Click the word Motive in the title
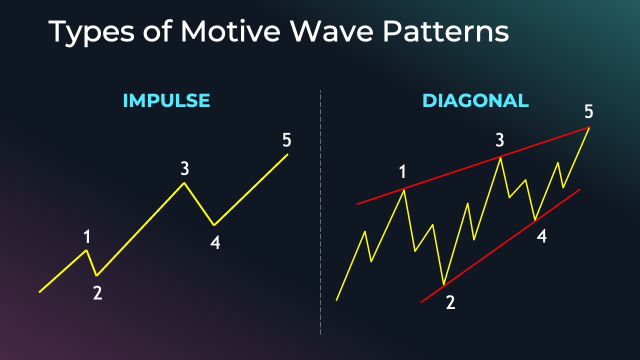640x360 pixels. click(230, 31)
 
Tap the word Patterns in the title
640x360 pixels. click(445, 31)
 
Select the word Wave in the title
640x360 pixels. click(331, 31)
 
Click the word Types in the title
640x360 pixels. click(91, 33)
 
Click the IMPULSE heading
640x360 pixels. click(166, 100)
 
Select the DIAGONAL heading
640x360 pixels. click(475, 100)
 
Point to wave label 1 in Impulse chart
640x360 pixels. click(87, 237)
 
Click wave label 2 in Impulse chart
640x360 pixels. click(97, 293)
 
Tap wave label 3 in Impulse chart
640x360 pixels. click(185, 168)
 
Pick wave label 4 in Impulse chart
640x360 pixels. click(215, 243)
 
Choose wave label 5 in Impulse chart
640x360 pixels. click(287, 140)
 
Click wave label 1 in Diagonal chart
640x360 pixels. click(402, 171)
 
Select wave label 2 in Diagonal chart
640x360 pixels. click(450, 302)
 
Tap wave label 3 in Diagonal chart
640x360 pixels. click(499, 140)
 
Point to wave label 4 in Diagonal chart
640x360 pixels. click(541, 236)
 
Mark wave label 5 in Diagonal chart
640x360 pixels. click(589, 111)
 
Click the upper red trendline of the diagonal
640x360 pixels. click(473, 165)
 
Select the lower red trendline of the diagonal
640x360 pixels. click(500, 245)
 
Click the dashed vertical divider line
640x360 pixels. click(320, 212)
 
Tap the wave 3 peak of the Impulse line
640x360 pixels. click(184, 183)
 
